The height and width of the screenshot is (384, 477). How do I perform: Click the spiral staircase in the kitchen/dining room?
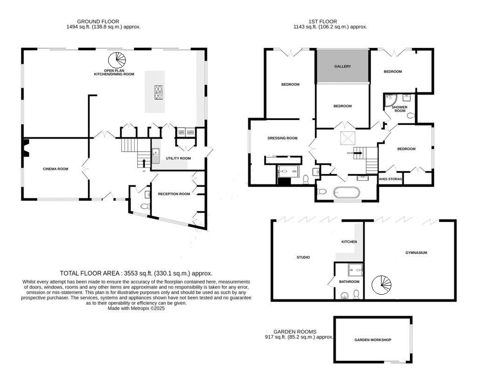point(117,60)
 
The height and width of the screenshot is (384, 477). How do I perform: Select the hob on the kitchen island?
point(159,92)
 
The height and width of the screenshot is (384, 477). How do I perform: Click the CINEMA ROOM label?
point(55,169)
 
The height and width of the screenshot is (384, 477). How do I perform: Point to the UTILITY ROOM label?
point(178,158)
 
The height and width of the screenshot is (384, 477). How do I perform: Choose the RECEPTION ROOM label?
point(174,194)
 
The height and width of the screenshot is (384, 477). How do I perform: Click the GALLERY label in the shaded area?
point(342,67)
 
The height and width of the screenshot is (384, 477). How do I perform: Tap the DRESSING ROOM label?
point(282,138)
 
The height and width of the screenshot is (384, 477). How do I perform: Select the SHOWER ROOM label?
point(400,109)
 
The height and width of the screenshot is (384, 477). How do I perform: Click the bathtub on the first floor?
point(345,192)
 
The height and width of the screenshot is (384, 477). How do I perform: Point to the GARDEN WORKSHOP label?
point(373,340)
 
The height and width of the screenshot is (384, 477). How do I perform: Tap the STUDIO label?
point(303,257)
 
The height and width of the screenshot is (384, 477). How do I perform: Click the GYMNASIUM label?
point(416,253)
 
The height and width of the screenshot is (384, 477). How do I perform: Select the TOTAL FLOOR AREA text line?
point(136,273)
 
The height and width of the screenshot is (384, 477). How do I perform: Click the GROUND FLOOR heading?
point(98,21)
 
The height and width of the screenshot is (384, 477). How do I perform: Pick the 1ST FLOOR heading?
point(322,21)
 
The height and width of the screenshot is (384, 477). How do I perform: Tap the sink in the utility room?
point(156,153)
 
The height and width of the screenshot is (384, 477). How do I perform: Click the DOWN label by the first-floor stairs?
point(350,153)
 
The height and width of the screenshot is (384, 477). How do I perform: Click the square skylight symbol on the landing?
point(347,138)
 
